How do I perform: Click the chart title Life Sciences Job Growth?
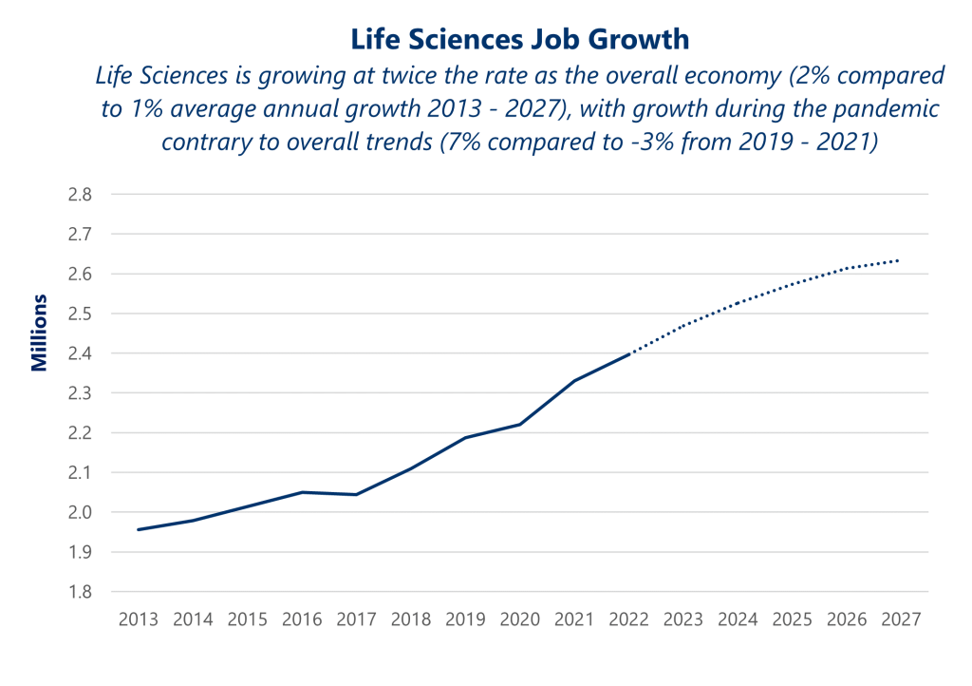tap(519, 39)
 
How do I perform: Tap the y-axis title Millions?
tap(39, 333)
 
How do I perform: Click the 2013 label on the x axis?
tap(138, 619)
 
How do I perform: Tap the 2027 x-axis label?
tap(901, 619)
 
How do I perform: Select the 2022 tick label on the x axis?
tap(628, 619)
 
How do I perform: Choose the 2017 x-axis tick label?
tap(356, 619)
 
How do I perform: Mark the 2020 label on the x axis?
tap(519, 619)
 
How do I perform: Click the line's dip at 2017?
tap(356, 494)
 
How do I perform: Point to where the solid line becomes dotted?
tap(628, 353)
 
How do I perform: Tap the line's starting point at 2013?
tap(139, 529)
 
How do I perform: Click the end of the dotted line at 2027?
tap(899, 259)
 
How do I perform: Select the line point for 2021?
tap(573, 380)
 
